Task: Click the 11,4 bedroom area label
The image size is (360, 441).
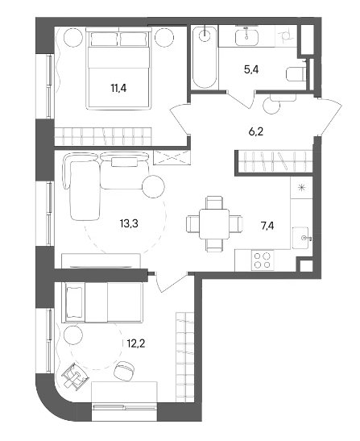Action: [118, 88]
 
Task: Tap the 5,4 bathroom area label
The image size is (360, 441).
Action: [251, 69]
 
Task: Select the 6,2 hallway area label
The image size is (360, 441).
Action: [256, 131]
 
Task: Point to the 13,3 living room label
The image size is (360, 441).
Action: [129, 224]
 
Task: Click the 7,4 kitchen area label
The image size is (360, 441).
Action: [267, 226]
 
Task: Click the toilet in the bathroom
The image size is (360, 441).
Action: [296, 74]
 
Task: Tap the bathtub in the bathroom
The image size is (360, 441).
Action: [205, 57]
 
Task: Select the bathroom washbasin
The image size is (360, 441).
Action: [246, 37]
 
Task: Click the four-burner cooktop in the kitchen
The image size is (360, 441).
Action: [263, 260]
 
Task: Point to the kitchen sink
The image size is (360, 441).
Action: [300, 238]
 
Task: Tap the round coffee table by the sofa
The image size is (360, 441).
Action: [153, 186]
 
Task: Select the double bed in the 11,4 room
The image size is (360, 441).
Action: [119, 69]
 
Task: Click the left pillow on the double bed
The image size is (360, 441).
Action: [104, 39]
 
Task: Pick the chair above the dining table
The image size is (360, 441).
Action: [214, 202]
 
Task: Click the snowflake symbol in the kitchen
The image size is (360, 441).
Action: [301, 187]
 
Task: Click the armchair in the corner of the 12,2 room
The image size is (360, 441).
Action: [75, 375]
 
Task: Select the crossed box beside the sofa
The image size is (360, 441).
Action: [172, 157]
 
